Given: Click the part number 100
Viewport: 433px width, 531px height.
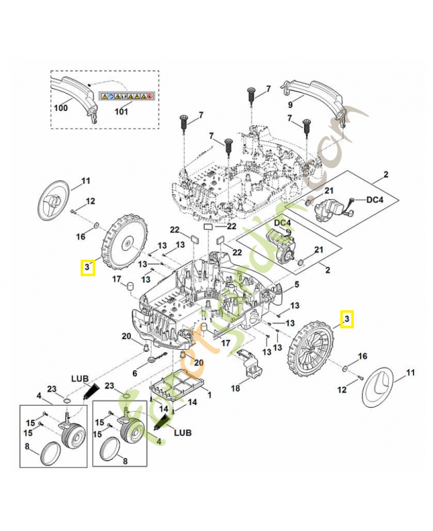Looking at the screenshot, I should [60, 108].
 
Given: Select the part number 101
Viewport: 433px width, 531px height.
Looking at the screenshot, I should [121, 112].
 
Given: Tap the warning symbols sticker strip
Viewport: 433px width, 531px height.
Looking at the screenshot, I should [126, 96].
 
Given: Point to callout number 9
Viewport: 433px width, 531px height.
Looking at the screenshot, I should [290, 104].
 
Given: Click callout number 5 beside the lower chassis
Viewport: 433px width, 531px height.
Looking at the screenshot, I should [297, 284].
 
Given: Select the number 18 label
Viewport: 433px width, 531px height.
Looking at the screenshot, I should [234, 389].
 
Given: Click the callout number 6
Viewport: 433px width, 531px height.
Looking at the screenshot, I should [135, 374].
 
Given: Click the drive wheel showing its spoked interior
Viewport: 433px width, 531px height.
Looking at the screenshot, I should [311, 351].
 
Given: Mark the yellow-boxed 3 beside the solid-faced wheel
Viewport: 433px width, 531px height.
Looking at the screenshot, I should [87, 267].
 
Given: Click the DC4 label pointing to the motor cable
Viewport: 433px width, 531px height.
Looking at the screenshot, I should [376, 199].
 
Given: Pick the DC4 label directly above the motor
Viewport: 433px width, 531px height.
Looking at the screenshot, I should [282, 222].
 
